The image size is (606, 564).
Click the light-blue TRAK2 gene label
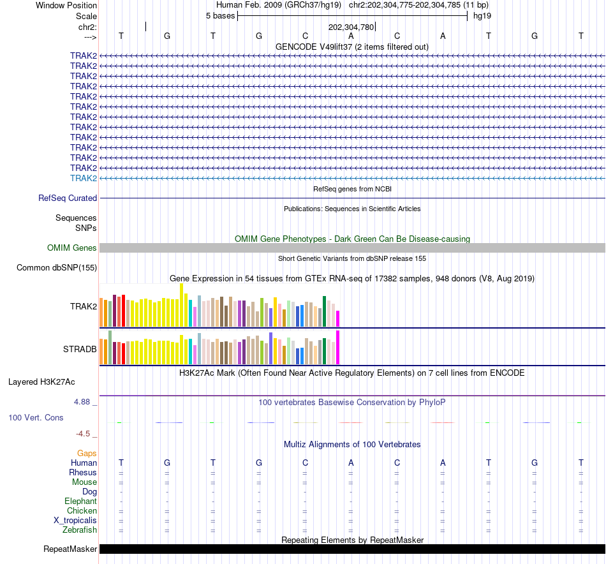(84, 178)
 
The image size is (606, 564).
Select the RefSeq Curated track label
(68, 198)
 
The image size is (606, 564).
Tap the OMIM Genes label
(72, 248)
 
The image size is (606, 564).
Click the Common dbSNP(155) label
(57, 268)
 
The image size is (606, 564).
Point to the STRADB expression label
(80, 350)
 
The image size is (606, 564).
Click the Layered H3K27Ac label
(41, 382)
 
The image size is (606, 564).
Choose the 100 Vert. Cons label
(36, 418)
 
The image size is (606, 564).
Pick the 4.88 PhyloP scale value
(82, 402)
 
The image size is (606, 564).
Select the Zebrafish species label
(80, 530)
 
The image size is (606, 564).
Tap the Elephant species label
(80, 501)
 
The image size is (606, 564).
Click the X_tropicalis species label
(75, 521)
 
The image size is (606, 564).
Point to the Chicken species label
(82, 511)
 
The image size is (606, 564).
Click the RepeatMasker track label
(70, 549)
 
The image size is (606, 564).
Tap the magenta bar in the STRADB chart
(337, 347)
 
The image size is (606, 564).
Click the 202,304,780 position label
(351, 27)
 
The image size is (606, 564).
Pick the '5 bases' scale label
(220, 16)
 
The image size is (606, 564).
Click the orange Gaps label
(87, 454)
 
